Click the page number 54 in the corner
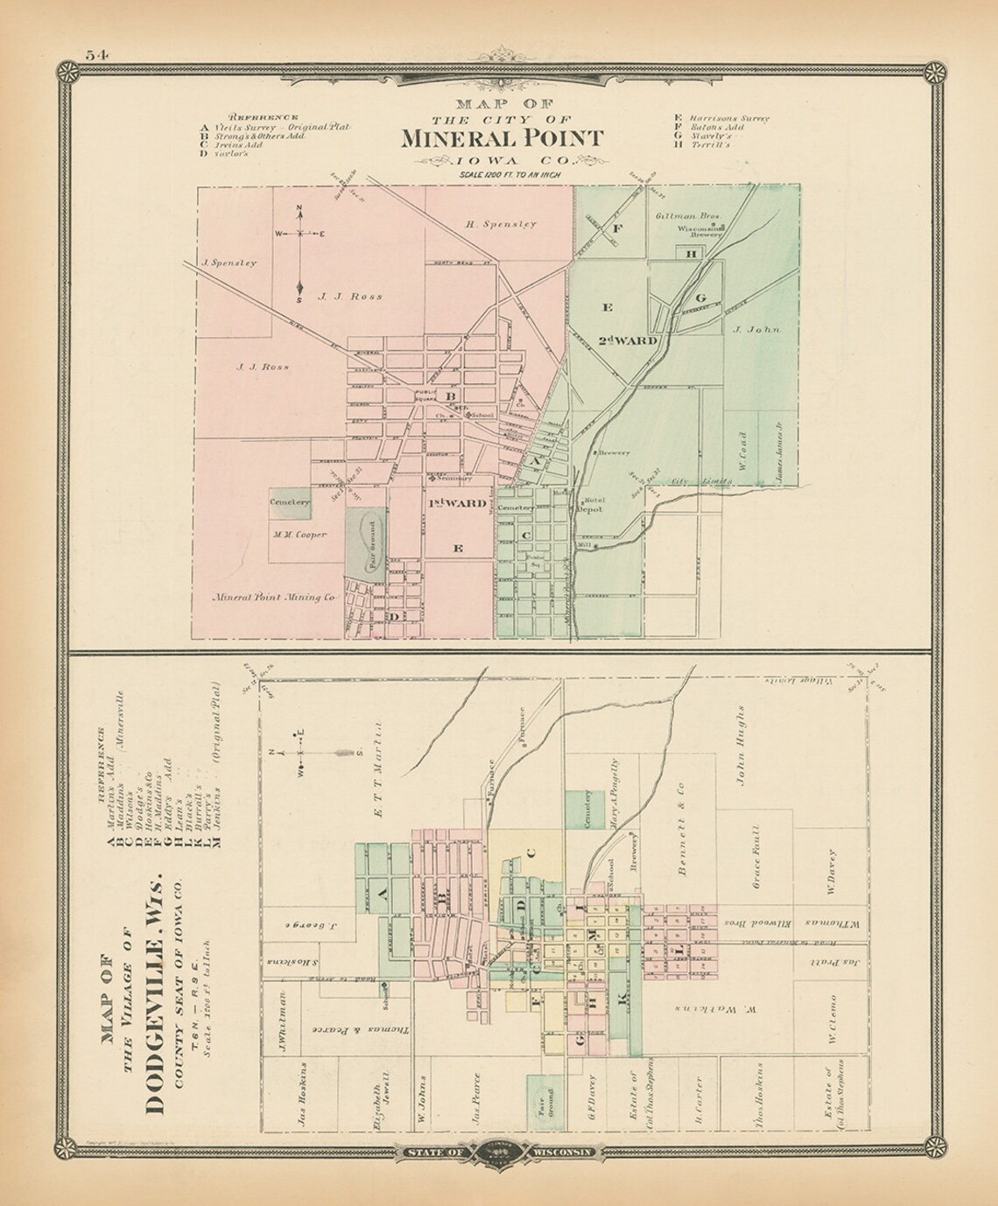click(x=96, y=54)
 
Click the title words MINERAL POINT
click(x=502, y=138)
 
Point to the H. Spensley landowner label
click(x=500, y=224)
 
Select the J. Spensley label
click(x=228, y=263)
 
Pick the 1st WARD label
click(x=457, y=503)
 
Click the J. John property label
click(x=756, y=330)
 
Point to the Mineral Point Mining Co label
click(x=273, y=598)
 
